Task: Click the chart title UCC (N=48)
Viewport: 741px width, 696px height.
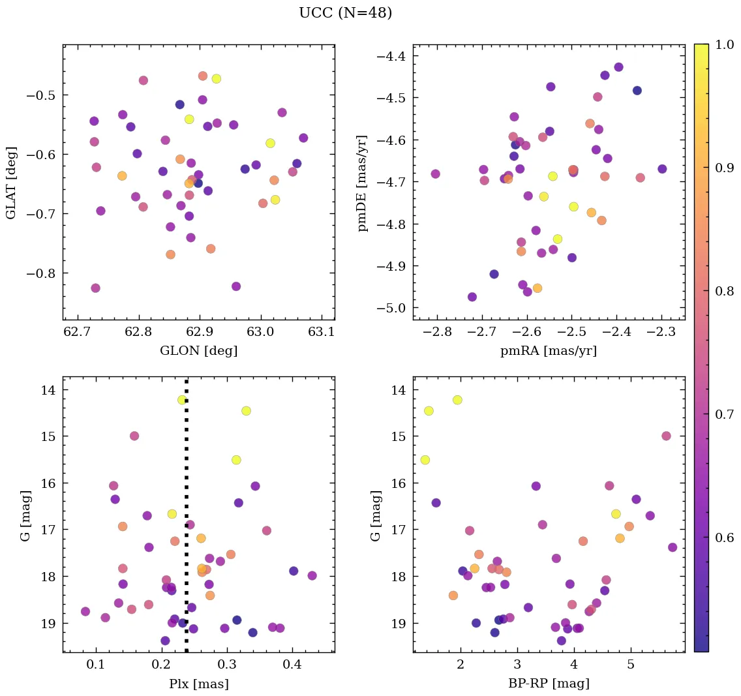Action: point(345,13)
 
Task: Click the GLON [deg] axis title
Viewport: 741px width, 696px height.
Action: point(198,351)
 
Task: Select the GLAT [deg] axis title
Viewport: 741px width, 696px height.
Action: point(11,182)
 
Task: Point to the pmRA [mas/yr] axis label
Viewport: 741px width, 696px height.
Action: point(548,351)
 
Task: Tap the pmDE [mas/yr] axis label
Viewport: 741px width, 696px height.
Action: point(363,182)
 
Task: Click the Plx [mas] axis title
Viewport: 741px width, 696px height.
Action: point(198,684)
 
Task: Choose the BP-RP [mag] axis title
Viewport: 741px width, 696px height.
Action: point(548,684)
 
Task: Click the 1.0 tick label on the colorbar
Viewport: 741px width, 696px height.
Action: point(724,44)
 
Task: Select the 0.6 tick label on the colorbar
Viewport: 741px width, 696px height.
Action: point(724,537)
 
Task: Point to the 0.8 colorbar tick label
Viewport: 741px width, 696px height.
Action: point(724,291)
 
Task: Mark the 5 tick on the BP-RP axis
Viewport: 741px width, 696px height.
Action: point(631,666)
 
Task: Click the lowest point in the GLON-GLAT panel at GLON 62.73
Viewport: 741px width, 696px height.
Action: point(95,288)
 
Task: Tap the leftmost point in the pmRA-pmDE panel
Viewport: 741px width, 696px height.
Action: point(435,174)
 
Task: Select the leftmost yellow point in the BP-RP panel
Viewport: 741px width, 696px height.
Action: point(425,460)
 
